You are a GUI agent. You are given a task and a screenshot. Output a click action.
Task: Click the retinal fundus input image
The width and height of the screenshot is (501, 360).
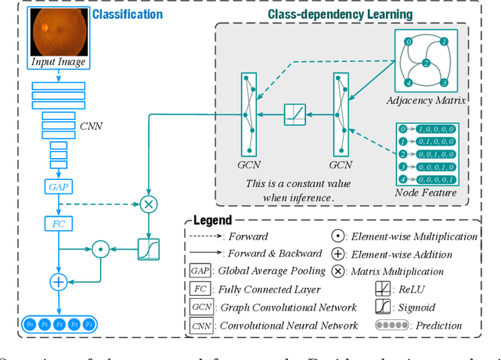point(59,32)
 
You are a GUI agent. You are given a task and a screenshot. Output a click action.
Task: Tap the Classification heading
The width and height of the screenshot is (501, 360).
point(128,14)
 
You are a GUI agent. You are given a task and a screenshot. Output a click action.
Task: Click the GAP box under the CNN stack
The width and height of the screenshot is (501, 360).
point(58,188)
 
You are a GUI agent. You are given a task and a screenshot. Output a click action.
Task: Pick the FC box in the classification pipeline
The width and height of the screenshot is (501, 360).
point(58,225)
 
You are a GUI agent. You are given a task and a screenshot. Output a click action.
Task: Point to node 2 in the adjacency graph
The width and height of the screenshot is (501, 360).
point(424,63)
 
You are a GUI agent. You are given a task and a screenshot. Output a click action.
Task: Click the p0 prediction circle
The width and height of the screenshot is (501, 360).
point(30,324)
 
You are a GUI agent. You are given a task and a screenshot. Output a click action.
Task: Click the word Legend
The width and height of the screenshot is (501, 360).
point(212,221)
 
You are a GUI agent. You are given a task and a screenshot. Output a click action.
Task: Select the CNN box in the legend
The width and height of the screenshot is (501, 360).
point(201,326)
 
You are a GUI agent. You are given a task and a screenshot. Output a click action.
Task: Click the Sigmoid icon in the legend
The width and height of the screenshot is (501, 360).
point(384,308)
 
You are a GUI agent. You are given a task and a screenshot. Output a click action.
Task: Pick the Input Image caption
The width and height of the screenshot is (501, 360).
point(59,62)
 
